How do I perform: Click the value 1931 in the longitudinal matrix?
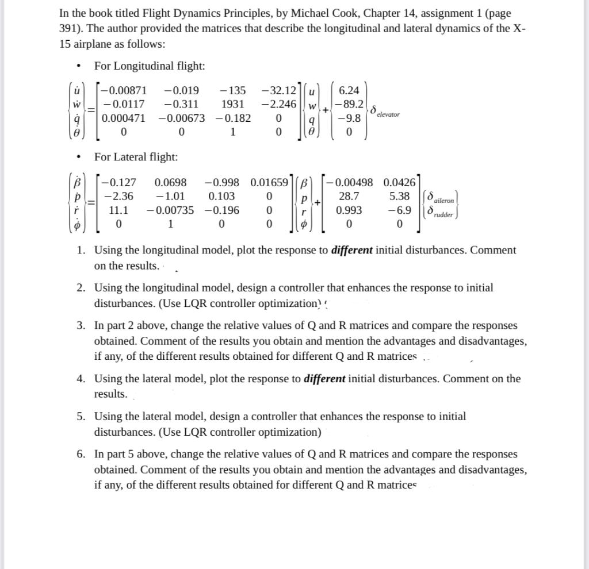[233, 104]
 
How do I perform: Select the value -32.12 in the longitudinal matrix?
[278, 90]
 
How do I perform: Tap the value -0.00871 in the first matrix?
[124, 90]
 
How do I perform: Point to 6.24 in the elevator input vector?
[349, 90]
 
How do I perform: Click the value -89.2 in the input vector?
[350, 104]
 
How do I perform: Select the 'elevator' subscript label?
[388, 115]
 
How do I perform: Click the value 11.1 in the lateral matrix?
[118, 210]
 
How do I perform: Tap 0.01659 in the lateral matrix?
[269, 183]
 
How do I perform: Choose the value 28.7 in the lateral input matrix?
[349, 197]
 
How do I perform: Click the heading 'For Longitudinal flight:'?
[150, 66]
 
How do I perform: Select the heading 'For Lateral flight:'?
[136, 157]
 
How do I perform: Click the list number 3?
[82, 326]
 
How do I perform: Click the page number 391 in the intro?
[70, 29]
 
